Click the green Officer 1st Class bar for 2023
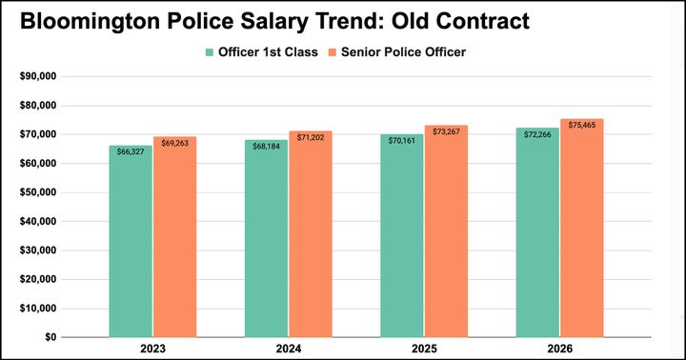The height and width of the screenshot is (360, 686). pyautogui.click(x=130, y=248)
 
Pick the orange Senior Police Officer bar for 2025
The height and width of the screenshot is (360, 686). pyautogui.click(x=446, y=238)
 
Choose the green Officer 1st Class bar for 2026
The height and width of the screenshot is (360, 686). pyautogui.click(x=537, y=238)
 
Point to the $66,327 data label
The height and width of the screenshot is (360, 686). pyautogui.click(x=130, y=151)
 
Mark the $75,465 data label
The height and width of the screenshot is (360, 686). pyautogui.click(x=582, y=125)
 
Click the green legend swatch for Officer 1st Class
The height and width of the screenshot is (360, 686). pyautogui.click(x=209, y=52)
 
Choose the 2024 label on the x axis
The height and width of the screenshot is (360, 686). pyautogui.click(x=288, y=350)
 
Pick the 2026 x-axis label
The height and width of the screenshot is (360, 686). pyautogui.click(x=559, y=350)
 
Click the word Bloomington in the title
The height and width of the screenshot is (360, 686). pyautogui.click(x=106, y=20)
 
